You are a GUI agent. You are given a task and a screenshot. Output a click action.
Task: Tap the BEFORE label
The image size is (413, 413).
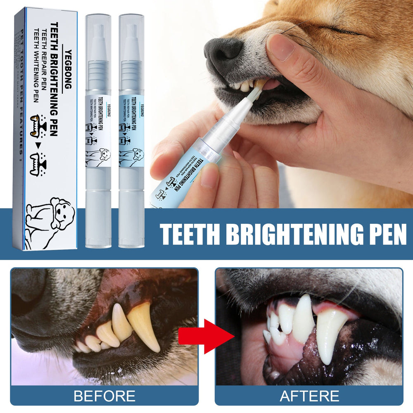point(104,396)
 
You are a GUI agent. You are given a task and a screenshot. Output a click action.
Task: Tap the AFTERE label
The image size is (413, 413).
point(309,396)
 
